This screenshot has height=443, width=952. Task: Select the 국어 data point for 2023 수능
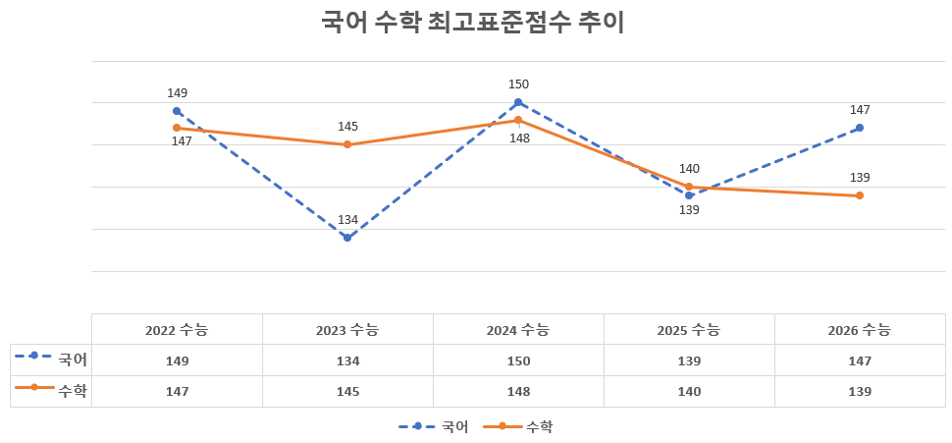pos(347,238)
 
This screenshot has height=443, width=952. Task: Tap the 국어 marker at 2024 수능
pos(518,102)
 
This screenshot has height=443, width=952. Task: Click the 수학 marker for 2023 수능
pos(347,144)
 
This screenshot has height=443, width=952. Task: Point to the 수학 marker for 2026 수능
pos(860,195)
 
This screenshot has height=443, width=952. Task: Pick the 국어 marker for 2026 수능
pos(860,128)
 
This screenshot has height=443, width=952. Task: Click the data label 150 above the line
pos(518,84)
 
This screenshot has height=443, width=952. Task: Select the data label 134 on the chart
pos(347,220)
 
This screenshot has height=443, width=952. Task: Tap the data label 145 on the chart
pos(347,127)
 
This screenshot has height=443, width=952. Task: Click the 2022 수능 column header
pos(177,330)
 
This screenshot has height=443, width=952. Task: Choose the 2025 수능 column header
pos(689,330)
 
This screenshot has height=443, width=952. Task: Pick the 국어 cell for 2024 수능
pos(518,360)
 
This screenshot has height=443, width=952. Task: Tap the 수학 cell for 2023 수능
pos(347,391)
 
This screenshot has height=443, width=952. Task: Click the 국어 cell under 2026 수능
pos(860,360)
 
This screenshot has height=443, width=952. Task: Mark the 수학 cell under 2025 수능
pos(689,391)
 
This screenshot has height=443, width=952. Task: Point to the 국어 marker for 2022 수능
pos(177,111)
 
